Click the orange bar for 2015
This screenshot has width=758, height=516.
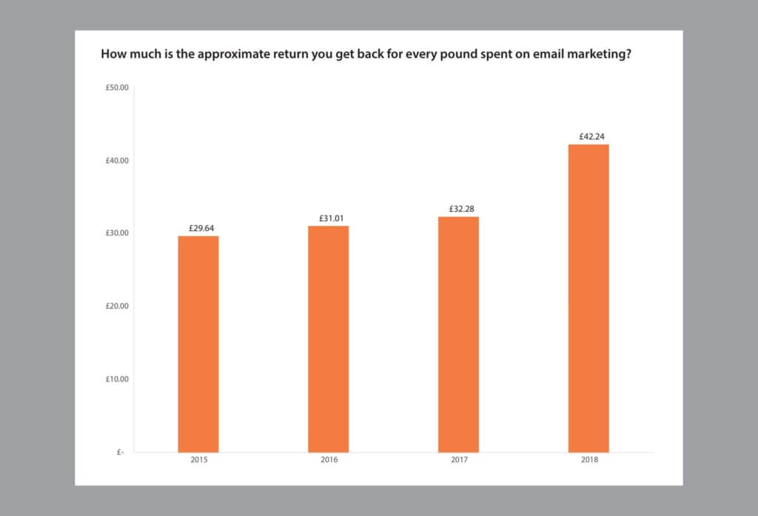click(198, 344)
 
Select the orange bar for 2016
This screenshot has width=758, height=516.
click(329, 339)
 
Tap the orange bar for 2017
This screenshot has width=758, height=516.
click(458, 335)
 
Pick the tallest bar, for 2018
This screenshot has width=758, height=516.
click(588, 298)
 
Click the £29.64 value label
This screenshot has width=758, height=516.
click(198, 228)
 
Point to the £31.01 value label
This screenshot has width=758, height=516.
click(329, 218)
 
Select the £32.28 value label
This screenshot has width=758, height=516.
click(458, 209)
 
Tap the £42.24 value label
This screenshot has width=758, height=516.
click(588, 136)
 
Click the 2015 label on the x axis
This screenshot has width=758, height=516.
click(198, 460)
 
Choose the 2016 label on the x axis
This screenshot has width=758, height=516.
click(329, 460)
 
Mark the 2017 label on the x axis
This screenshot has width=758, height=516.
click(458, 460)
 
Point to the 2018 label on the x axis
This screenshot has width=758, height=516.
click(588, 460)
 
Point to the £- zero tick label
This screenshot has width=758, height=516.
click(121, 452)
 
